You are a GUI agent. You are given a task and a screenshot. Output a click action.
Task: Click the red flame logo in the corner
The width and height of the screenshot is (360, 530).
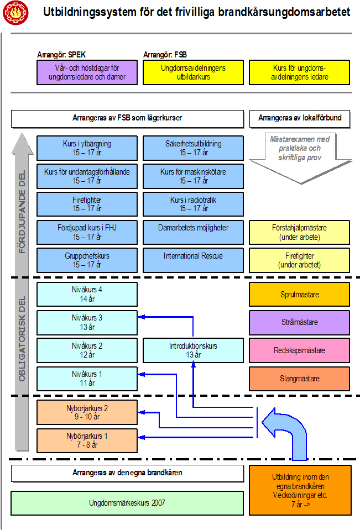[15, 13]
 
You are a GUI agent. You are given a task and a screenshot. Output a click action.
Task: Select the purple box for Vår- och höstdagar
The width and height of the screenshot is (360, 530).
[87, 72]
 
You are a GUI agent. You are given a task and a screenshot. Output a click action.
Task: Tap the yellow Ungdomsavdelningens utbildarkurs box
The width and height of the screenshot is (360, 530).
[193, 72]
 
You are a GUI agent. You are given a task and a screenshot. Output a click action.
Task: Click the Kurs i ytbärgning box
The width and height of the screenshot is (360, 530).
[87, 148]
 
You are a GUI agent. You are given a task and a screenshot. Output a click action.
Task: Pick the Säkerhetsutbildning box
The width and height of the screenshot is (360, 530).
[193, 148]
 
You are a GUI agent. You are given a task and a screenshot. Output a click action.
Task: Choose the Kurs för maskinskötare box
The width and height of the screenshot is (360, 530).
[193, 176]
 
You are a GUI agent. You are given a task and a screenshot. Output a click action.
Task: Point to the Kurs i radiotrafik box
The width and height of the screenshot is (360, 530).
[193, 204]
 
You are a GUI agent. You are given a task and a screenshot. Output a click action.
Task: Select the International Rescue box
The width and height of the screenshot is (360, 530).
[193, 260]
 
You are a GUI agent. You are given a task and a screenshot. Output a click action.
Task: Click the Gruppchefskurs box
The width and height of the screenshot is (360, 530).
[87, 260]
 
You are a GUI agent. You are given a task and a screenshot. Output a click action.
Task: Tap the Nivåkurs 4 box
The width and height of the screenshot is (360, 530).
[87, 294]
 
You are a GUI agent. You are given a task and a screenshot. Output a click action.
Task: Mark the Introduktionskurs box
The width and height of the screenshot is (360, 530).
[193, 350]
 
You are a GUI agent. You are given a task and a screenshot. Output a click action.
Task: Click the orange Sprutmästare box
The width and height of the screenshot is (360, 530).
[299, 294]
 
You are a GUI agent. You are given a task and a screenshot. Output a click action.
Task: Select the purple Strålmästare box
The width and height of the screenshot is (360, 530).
[299, 322]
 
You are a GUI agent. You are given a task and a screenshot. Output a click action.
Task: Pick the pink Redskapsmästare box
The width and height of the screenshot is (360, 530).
[299, 350]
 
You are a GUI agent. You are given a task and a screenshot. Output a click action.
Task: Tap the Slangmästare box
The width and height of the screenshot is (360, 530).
[299, 379]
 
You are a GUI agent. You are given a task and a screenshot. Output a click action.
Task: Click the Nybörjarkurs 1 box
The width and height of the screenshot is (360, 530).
[87, 440]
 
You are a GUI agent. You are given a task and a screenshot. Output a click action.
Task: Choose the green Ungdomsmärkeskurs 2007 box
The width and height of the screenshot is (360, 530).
[127, 503]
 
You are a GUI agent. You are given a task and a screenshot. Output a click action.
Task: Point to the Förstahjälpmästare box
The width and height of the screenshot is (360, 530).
[299, 232]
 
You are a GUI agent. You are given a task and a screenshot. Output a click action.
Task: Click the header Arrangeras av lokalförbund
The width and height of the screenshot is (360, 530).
[300, 118]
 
